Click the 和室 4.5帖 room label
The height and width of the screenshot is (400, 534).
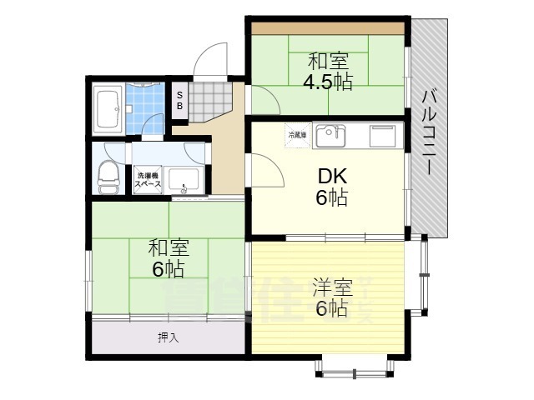tap(329, 71)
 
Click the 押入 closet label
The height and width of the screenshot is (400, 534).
tap(168, 337)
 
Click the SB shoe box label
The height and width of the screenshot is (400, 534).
tap(179, 100)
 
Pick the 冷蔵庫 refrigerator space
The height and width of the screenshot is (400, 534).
tap(298, 135)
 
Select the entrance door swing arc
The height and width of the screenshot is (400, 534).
tap(204, 60)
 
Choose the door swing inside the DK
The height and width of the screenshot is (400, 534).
tap(264, 171)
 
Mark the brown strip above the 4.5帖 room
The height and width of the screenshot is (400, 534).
tap(327, 29)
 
